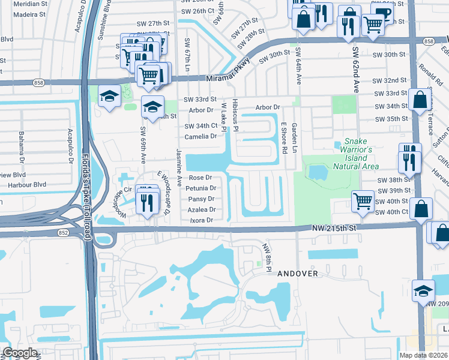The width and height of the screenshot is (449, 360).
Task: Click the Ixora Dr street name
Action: coord(202,220)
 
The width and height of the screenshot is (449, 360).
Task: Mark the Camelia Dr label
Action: coord(200,136)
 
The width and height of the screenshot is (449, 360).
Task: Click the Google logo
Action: coord(20,353)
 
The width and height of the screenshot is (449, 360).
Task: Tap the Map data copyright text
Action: coord(423,355)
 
